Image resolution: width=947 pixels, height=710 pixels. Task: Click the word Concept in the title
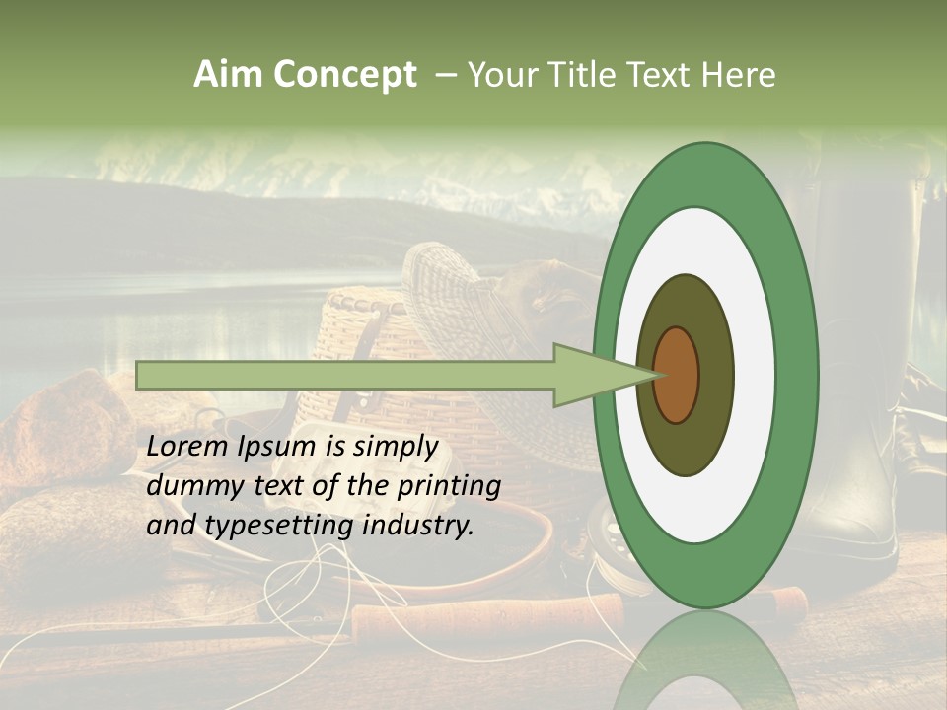point(343,75)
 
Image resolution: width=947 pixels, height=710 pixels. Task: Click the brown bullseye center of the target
point(677,375)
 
